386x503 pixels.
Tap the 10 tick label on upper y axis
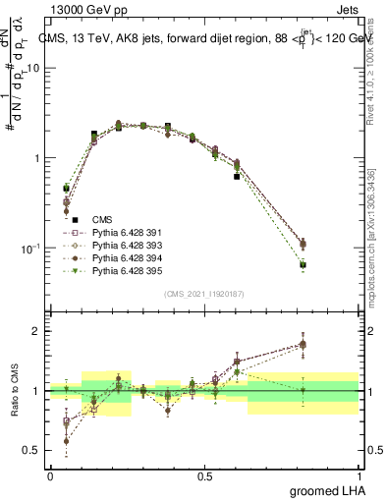(x=33, y=68)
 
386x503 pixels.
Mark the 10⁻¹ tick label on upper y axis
(x=30, y=248)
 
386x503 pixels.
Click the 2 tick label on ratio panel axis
(x=37, y=331)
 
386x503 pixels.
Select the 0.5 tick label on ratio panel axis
(x=33, y=451)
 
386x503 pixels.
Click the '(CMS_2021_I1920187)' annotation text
(x=203, y=294)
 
